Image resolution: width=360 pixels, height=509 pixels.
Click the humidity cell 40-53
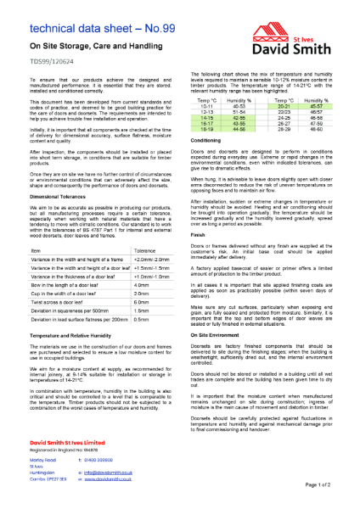239,106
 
